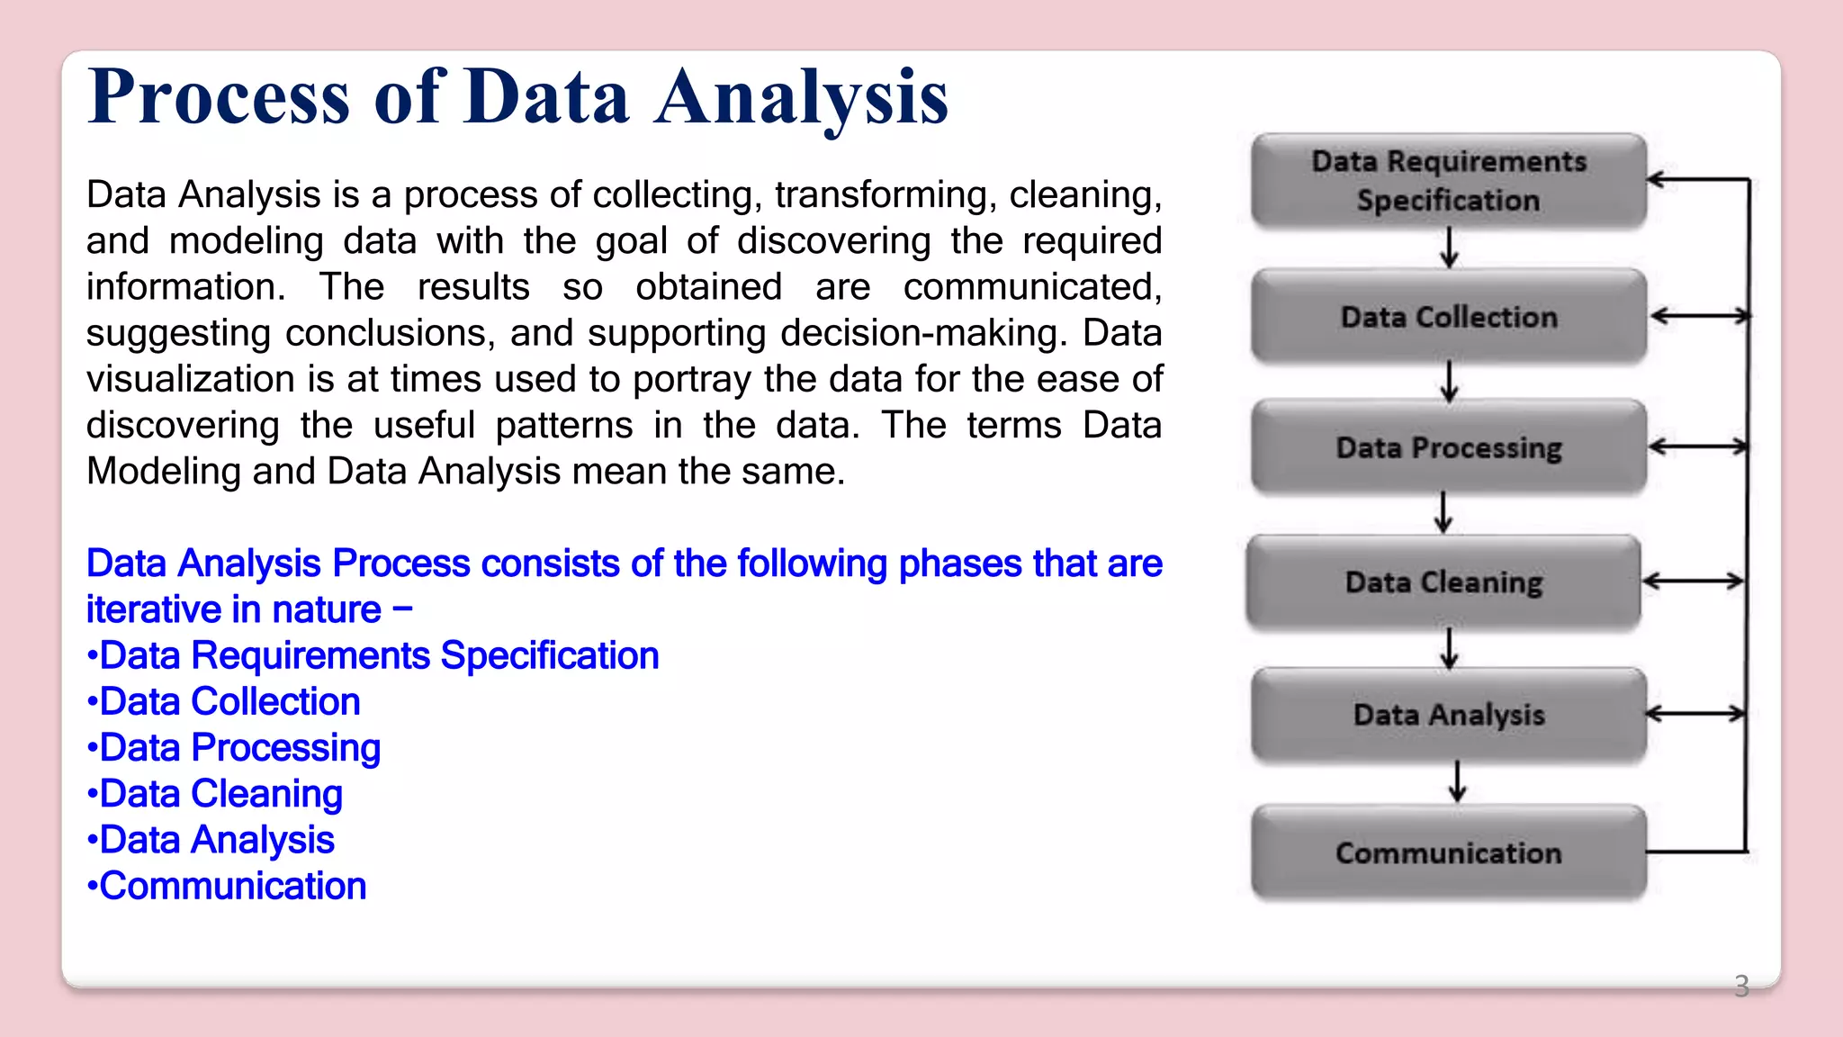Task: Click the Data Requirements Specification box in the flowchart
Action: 1448,180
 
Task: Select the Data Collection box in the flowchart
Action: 1448,316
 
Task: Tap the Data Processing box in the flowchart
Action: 1448,447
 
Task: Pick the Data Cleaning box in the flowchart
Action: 1443,582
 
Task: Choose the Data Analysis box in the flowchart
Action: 1448,715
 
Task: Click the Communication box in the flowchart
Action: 1448,852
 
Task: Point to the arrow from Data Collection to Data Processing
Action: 1449,382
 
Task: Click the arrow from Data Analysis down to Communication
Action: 1458,781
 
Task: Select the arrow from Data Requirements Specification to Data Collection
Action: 1449,248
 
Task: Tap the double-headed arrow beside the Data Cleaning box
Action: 1693,582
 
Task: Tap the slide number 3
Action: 1741,987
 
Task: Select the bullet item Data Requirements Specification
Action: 378,655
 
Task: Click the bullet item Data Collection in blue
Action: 229,701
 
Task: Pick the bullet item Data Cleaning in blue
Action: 220,794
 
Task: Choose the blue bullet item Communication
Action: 232,886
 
